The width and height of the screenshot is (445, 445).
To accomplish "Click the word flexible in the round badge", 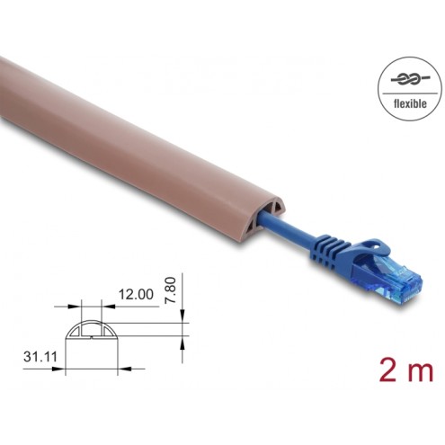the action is click(x=410, y=103).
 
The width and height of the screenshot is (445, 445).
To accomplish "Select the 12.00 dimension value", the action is click(x=136, y=294).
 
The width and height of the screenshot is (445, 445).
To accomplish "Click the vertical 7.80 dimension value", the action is click(x=171, y=290).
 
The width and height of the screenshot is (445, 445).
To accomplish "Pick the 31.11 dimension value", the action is click(x=40, y=357).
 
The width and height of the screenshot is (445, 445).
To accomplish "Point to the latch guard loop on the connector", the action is click(x=375, y=246).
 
